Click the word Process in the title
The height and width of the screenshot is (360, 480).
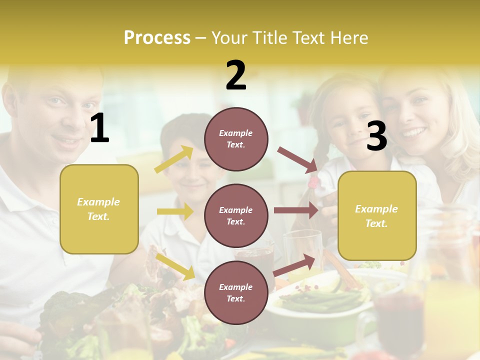(x=157, y=38)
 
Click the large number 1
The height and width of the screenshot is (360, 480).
(x=99, y=128)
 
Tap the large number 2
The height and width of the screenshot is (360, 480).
(x=236, y=75)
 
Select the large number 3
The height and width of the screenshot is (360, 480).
(x=376, y=136)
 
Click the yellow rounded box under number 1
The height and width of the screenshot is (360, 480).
(x=99, y=209)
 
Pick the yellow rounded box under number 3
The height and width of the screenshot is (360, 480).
(x=377, y=215)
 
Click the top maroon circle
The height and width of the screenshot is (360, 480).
(x=236, y=138)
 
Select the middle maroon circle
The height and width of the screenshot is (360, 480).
(x=236, y=215)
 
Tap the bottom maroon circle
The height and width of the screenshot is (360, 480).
(x=236, y=292)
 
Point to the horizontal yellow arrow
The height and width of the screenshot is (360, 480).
(x=175, y=211)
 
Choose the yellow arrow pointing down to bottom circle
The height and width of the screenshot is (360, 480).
(x=175, y=266)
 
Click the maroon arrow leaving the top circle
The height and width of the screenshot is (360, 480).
(x=297, y=159)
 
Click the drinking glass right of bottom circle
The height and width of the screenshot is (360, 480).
(x=303, y=250)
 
